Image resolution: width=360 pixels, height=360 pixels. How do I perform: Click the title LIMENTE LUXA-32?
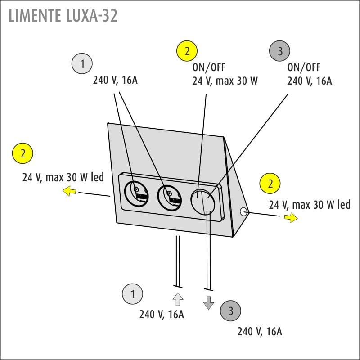coord(63,16)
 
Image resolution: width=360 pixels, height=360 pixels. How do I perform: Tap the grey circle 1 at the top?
coord(82,64)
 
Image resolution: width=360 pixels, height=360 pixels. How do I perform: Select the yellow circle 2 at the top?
coord(188,51)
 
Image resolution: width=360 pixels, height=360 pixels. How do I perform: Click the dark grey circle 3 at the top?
coord(280,51)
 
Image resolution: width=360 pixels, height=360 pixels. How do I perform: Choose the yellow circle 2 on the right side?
coord(270,184)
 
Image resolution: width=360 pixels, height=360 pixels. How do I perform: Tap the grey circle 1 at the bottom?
coord(132,294)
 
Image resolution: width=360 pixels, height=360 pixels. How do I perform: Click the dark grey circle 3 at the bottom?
coord(231,310)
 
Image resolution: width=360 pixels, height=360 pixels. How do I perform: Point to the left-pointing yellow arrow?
coord(69,192)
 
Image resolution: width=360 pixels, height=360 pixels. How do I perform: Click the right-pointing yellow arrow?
coord(291,218)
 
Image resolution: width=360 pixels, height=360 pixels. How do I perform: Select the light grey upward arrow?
coord(178,299)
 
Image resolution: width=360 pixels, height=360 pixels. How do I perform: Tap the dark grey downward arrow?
coord(208,303)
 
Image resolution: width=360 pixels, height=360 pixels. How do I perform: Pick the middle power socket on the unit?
coord(169,197)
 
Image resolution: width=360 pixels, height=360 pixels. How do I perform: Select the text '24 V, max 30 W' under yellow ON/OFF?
coord(225,81)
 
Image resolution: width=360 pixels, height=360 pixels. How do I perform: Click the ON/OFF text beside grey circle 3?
coord(304,67)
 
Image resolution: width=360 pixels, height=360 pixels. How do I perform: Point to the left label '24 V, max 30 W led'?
coord(63,177)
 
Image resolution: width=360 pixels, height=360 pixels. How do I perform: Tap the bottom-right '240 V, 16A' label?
coord(260,332)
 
